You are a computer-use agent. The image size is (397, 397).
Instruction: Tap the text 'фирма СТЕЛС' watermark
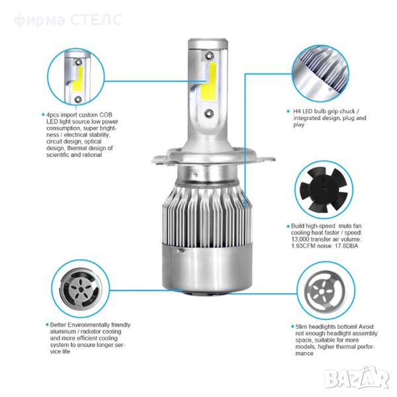coord(67,20)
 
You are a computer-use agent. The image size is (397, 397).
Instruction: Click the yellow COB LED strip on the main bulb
coord(209,81)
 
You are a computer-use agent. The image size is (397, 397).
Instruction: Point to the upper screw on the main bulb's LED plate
coord(209,56)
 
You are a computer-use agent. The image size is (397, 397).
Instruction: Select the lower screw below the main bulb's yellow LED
coord(209,113)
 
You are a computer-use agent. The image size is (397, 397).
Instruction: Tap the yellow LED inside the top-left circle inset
coord(78,79)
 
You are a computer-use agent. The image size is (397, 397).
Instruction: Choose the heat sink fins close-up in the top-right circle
coord(321,73)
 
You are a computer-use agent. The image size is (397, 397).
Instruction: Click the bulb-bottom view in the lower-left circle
coord(81,288)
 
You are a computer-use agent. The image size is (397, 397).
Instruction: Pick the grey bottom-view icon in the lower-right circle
coord(326,291)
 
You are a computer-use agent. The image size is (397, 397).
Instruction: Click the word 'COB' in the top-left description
coord(106,115)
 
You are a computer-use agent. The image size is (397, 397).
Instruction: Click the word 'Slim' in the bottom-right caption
coord(301,327)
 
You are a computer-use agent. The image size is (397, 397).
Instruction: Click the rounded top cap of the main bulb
coord(208,43)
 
